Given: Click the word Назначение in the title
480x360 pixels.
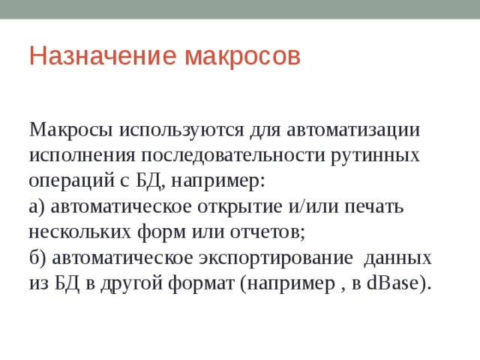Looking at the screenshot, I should tap(103, 56).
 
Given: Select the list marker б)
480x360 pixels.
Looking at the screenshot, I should tap(37, 258).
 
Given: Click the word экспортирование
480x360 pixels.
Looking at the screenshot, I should tap(276, 258).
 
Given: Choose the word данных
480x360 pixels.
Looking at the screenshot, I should tap(397, 258).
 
